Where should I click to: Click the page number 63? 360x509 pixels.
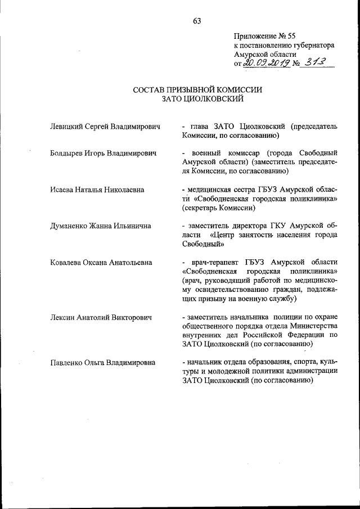[x=197, y=21]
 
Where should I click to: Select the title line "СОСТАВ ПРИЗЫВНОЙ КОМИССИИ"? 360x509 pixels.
[x=197, y=89]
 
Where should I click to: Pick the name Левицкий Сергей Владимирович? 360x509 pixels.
[x=105, y=127]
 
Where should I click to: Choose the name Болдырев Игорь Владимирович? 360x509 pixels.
[x=102, y=153]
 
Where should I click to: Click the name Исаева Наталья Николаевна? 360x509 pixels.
[x=97, y=190]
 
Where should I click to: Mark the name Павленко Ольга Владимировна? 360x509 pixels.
[x=103, y=362]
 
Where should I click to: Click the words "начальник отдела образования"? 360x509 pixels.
[x=235, y=362]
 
